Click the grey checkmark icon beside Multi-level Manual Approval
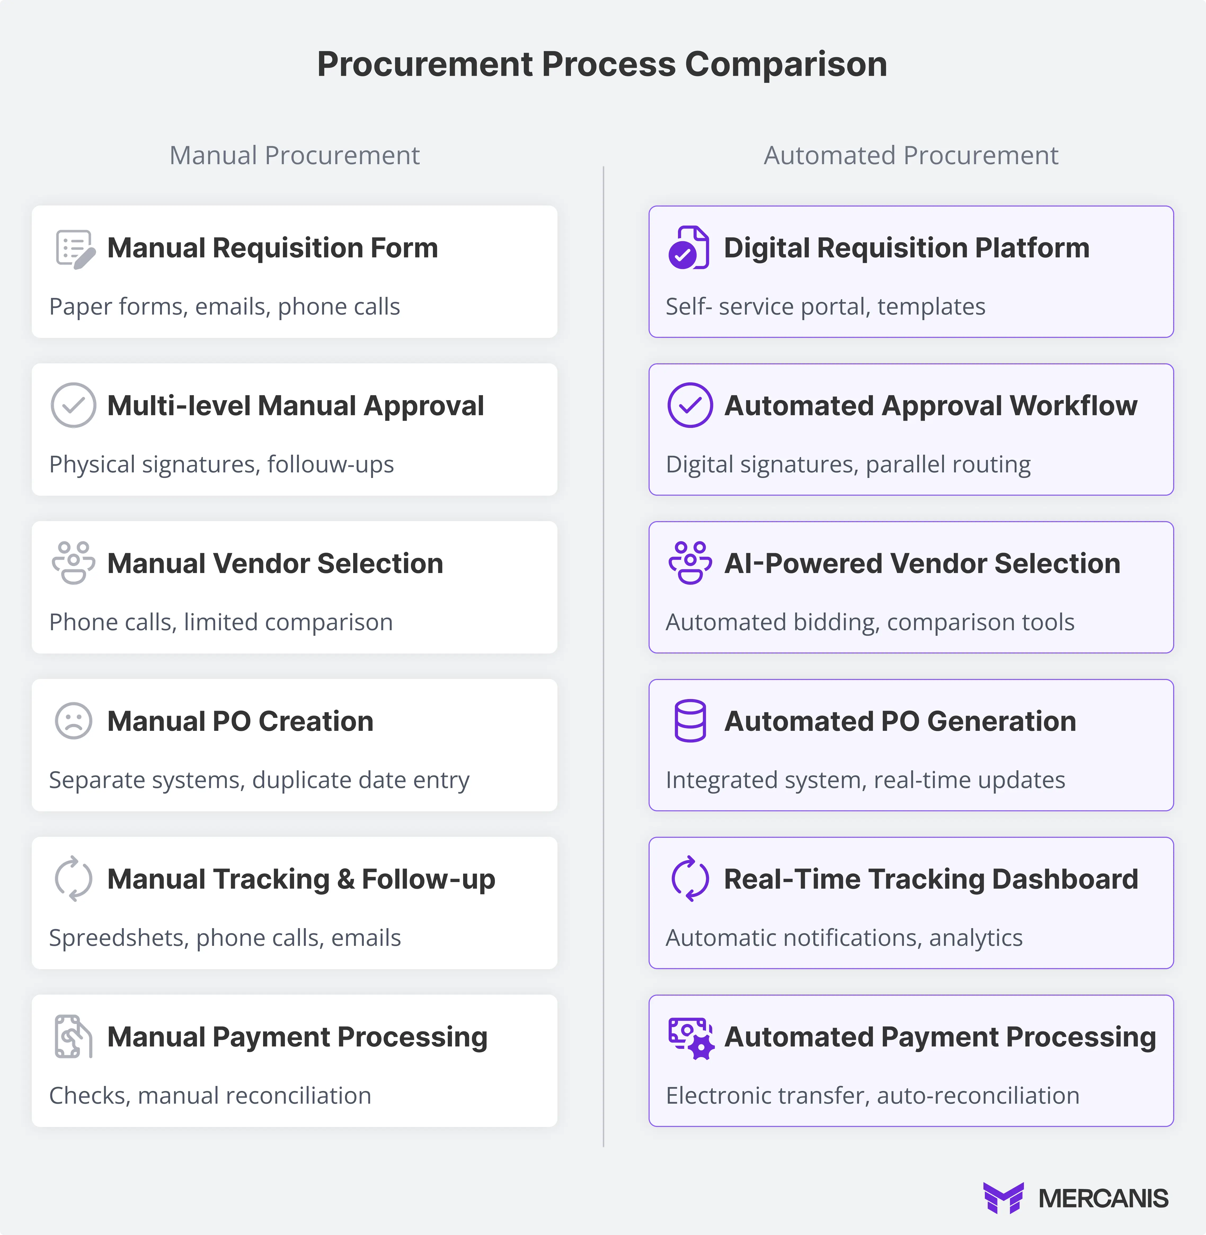pos(73,405)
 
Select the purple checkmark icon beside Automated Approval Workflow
pos(690,405)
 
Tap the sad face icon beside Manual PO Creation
pos(73,721)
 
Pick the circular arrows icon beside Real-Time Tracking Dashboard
pos(690,879)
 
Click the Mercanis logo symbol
pos(1003,1198)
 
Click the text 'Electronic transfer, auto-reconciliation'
pos(872,1095)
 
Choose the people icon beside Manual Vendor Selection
pos(73,563)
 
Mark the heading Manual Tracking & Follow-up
pos(301,879)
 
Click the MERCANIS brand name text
pos(1103,1198)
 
